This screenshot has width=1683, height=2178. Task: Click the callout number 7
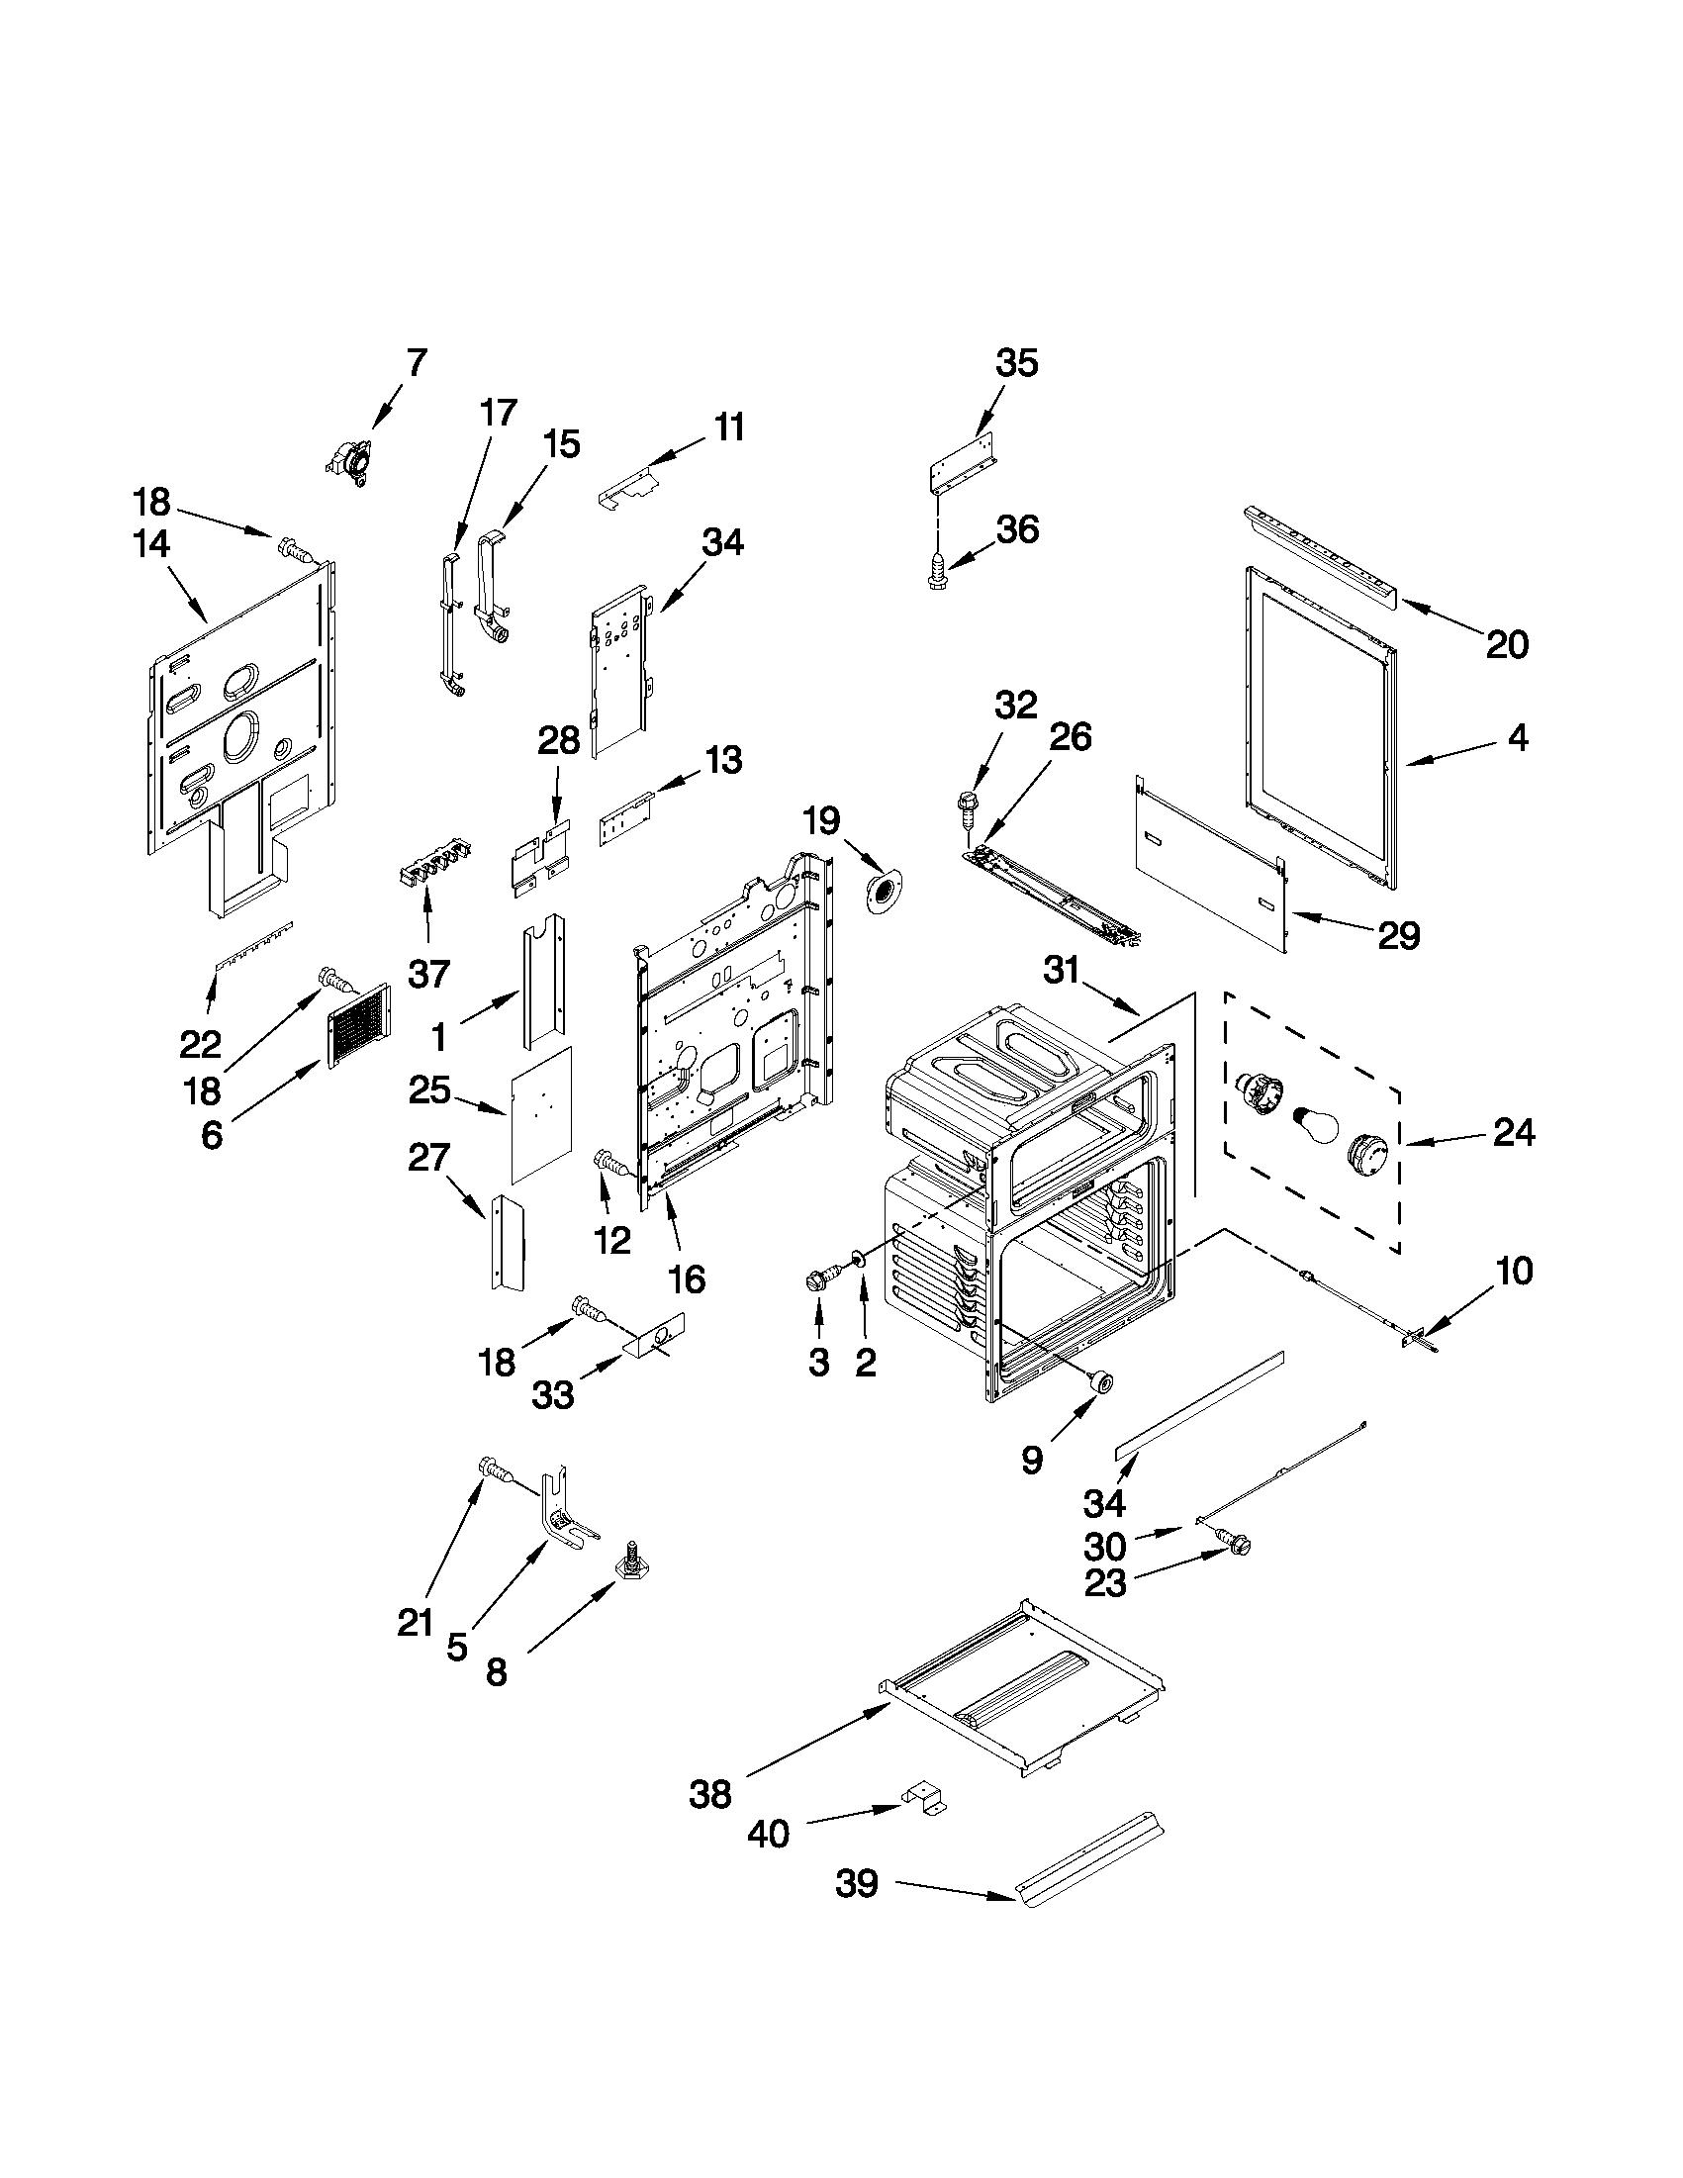coord(416,362)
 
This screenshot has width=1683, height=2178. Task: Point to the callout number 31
coord(1062,969)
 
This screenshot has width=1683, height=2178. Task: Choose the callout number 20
coord(1507,645)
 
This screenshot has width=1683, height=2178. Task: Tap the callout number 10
coord(1514,1272)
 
